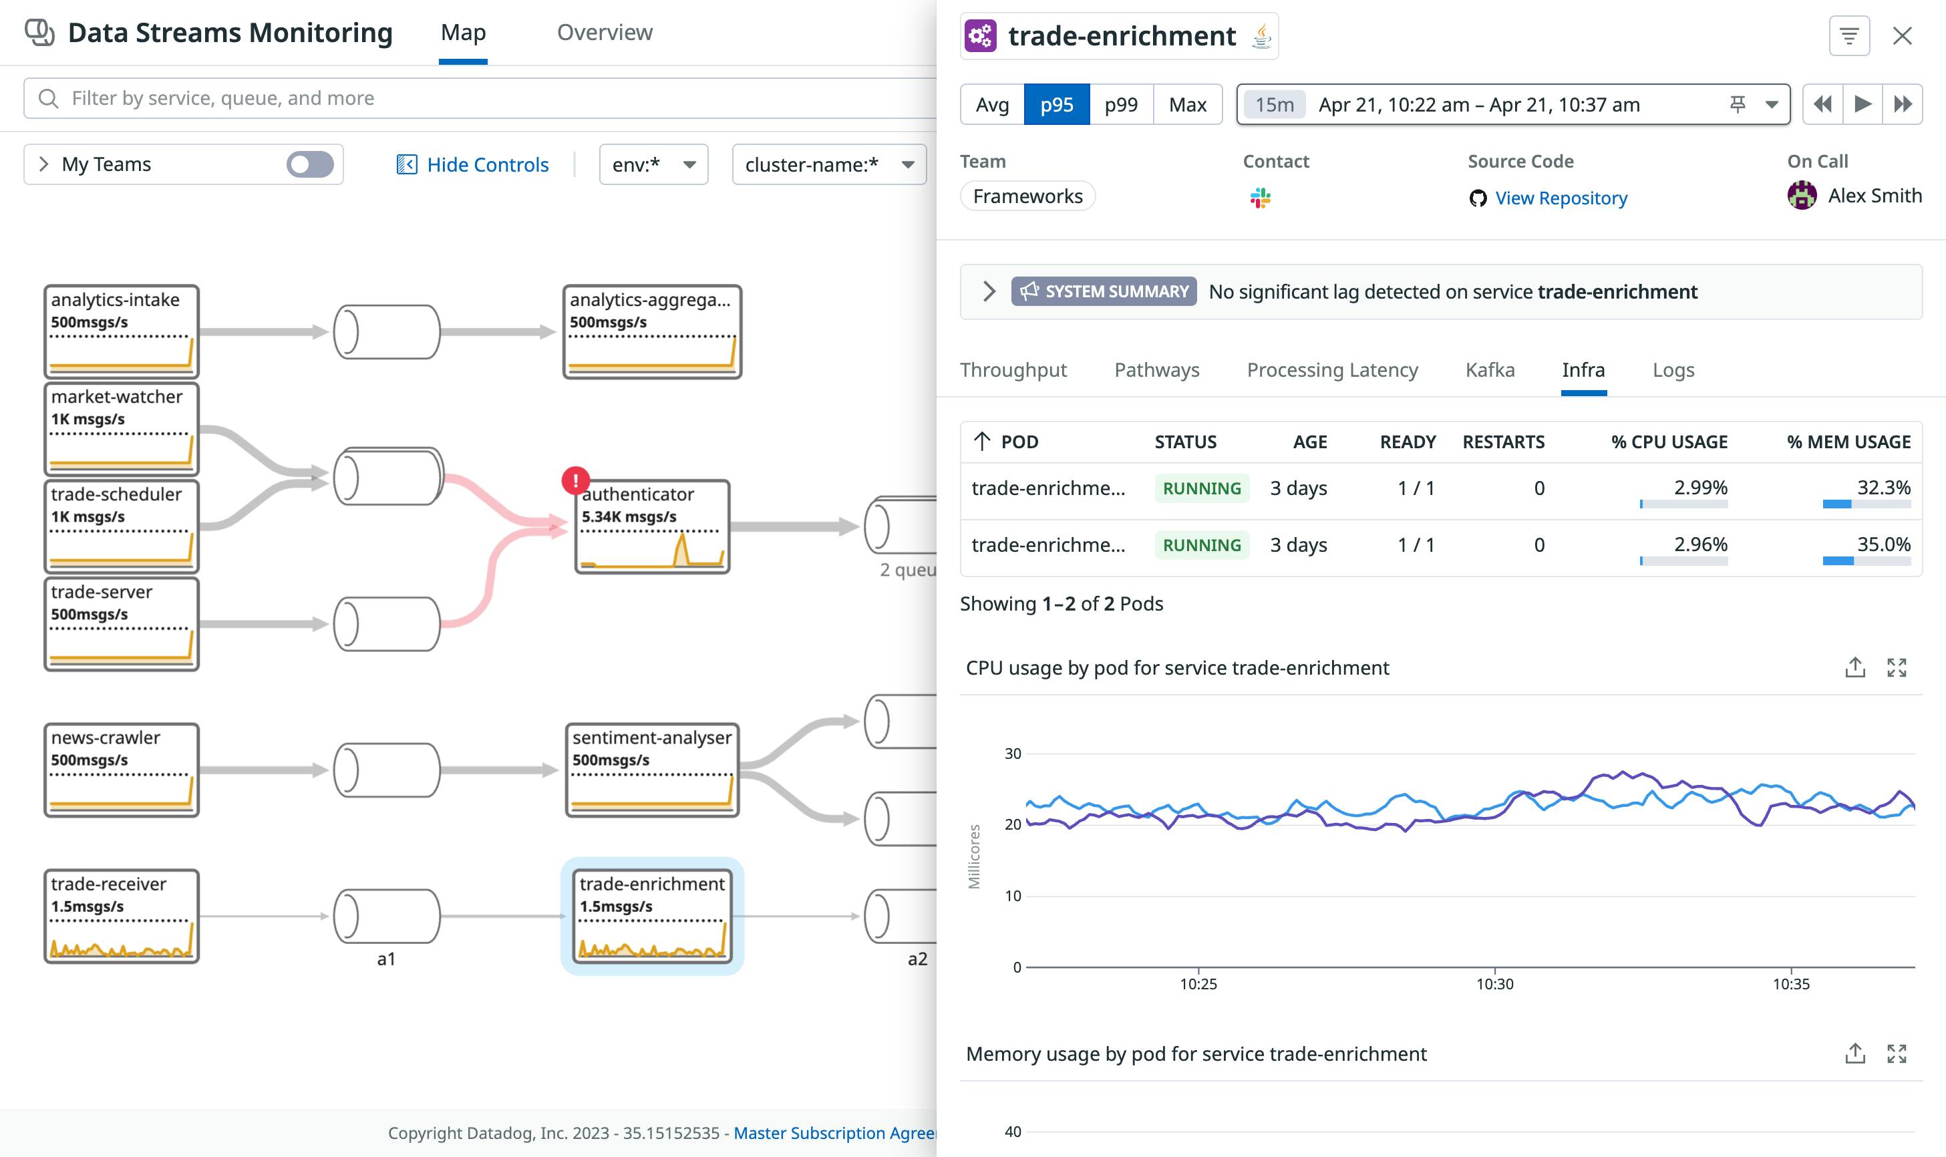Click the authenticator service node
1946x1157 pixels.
[x=653, y=527]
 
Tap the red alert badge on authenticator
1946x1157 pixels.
[x=575, y=480]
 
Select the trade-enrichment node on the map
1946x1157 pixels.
[x=653, y=916]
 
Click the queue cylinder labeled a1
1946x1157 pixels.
[x=387, y=916]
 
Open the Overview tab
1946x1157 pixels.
[x=604, y=33]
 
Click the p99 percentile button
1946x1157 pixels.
[x=1120, y=104]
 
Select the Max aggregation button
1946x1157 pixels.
[x=1187, y=104]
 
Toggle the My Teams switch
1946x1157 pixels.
[x=309, y=164]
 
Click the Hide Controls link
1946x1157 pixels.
[x=472, y=164]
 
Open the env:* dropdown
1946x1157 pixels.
[x=653, y=164]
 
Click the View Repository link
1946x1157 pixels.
[x=1560, y=198]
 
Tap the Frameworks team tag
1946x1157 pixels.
[x=1027, y=196]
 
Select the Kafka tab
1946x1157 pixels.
[x=1489, y=369]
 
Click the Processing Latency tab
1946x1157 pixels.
[x=1331, y=369]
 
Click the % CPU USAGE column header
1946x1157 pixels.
[x=1669, y=442]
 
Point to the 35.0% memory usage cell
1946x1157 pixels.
[x=1883, y=544]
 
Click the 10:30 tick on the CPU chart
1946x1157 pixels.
[x=1494, y=983]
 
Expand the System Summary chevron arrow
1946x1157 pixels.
[x=989, y=292]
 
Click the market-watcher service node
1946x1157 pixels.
[x=122, y=429]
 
